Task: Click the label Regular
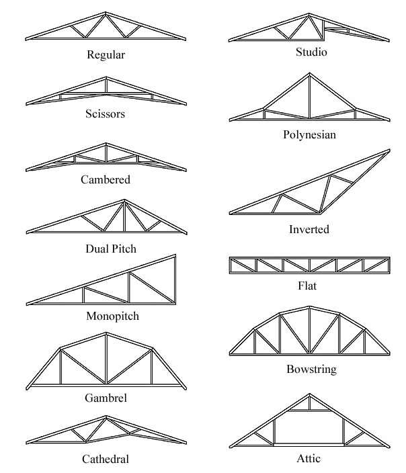click(106, 55)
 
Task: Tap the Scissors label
click(105, 114)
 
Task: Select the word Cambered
click(106, 179)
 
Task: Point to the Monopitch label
click(112, 316)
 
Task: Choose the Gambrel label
click(106, 398)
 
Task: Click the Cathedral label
click(106, 459)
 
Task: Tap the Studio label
click(311, 52)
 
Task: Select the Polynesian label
click(309, 134)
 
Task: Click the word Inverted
click(309, 229)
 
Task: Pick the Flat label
click(307, 286)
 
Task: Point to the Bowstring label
click(311, 370)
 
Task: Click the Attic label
click(309, 458)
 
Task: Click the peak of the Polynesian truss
click(309, 73)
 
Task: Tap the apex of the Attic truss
click(309, 394)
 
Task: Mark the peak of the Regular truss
click(106, 12)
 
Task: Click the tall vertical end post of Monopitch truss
click(175, 279)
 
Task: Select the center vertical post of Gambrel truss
click(106, 359)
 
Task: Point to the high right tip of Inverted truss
click(389, 150)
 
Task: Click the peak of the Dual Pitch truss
click(124, 200)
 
